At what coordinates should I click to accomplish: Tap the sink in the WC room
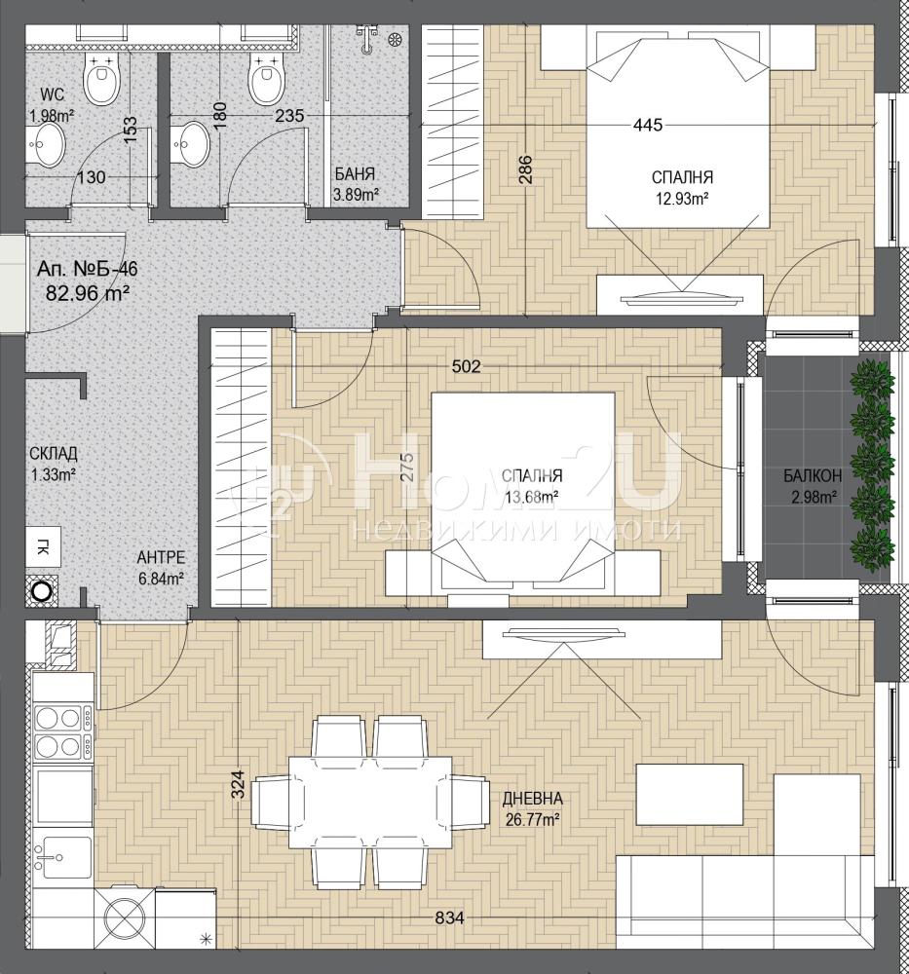coord(46,144)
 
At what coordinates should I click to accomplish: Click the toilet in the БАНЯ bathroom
coord(268,79)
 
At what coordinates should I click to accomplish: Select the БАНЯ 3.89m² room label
coord(355,184)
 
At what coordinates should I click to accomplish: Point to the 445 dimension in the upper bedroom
coord(648,125)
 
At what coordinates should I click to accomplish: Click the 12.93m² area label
coord(682,198)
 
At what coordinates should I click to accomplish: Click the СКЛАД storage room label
coord(54,454)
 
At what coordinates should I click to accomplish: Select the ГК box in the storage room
coord(44,546)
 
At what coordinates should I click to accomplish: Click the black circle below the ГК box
coord(42,591)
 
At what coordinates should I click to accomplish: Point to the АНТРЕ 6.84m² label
coord(161,568)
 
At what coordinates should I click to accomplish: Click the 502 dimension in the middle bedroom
coord(466,366)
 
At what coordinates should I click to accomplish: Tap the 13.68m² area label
coord(532,497)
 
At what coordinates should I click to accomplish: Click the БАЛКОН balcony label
coord(813,476)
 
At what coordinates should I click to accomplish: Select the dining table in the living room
coord(371,803)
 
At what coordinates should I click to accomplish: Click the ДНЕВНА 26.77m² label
coord(533,808)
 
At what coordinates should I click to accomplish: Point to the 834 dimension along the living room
coord(449,917)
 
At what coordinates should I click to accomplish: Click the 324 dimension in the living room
coord(240,783)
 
